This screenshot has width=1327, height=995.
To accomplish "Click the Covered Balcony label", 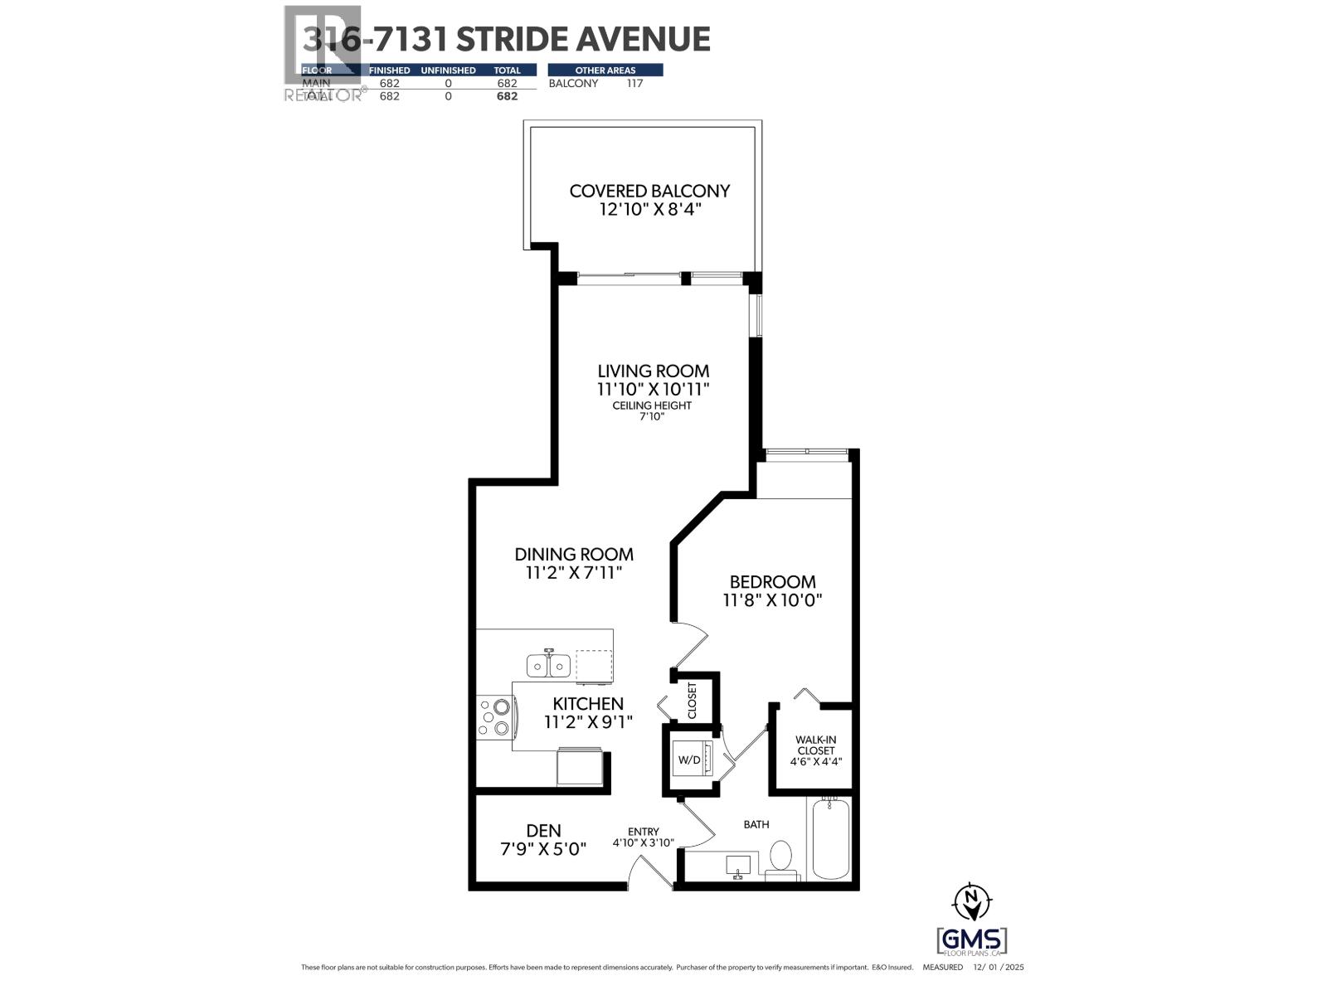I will pos(649,191).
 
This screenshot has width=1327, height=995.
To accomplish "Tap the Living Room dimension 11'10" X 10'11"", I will pos(654,389).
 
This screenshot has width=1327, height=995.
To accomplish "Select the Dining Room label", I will pos(574,554).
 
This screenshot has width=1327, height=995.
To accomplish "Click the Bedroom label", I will pos(772,582).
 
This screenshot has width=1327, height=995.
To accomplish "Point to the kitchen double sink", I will pos(547,665).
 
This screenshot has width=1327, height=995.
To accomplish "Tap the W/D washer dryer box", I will pos(689,760).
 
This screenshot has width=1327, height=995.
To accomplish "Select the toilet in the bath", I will pos(780,857).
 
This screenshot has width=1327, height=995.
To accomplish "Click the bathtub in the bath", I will pos(831,838).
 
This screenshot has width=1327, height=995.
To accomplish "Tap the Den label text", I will pos(544,830).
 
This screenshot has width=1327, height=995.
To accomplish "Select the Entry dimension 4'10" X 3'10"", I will pos(644,843).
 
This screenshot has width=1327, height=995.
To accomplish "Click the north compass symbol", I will pos(972,902).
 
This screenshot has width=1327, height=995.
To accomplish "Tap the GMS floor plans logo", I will pos(972,942).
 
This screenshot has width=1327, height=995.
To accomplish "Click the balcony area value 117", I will pos(634,84).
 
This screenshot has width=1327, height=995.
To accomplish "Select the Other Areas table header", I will pos(605,70).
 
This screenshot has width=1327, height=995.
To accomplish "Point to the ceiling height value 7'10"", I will pos(652,416).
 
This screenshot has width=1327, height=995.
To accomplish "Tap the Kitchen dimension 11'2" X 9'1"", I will pos(588,722).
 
